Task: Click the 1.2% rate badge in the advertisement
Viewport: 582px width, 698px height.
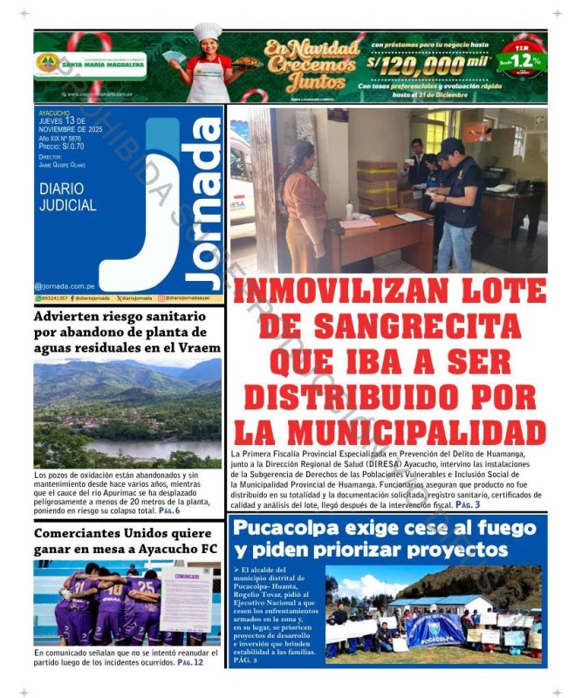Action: pos(521,60)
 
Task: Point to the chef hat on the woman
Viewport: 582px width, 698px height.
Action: pos(207,33)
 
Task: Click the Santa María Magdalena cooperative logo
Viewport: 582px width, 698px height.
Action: pos(48,63)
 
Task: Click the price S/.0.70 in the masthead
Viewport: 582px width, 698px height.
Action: pos(67,147)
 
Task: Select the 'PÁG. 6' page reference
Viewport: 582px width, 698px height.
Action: pos(168,510)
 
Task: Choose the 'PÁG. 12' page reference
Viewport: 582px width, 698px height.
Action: pos(190,662)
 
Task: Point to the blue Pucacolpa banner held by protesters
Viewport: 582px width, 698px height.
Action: pos(436,628)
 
